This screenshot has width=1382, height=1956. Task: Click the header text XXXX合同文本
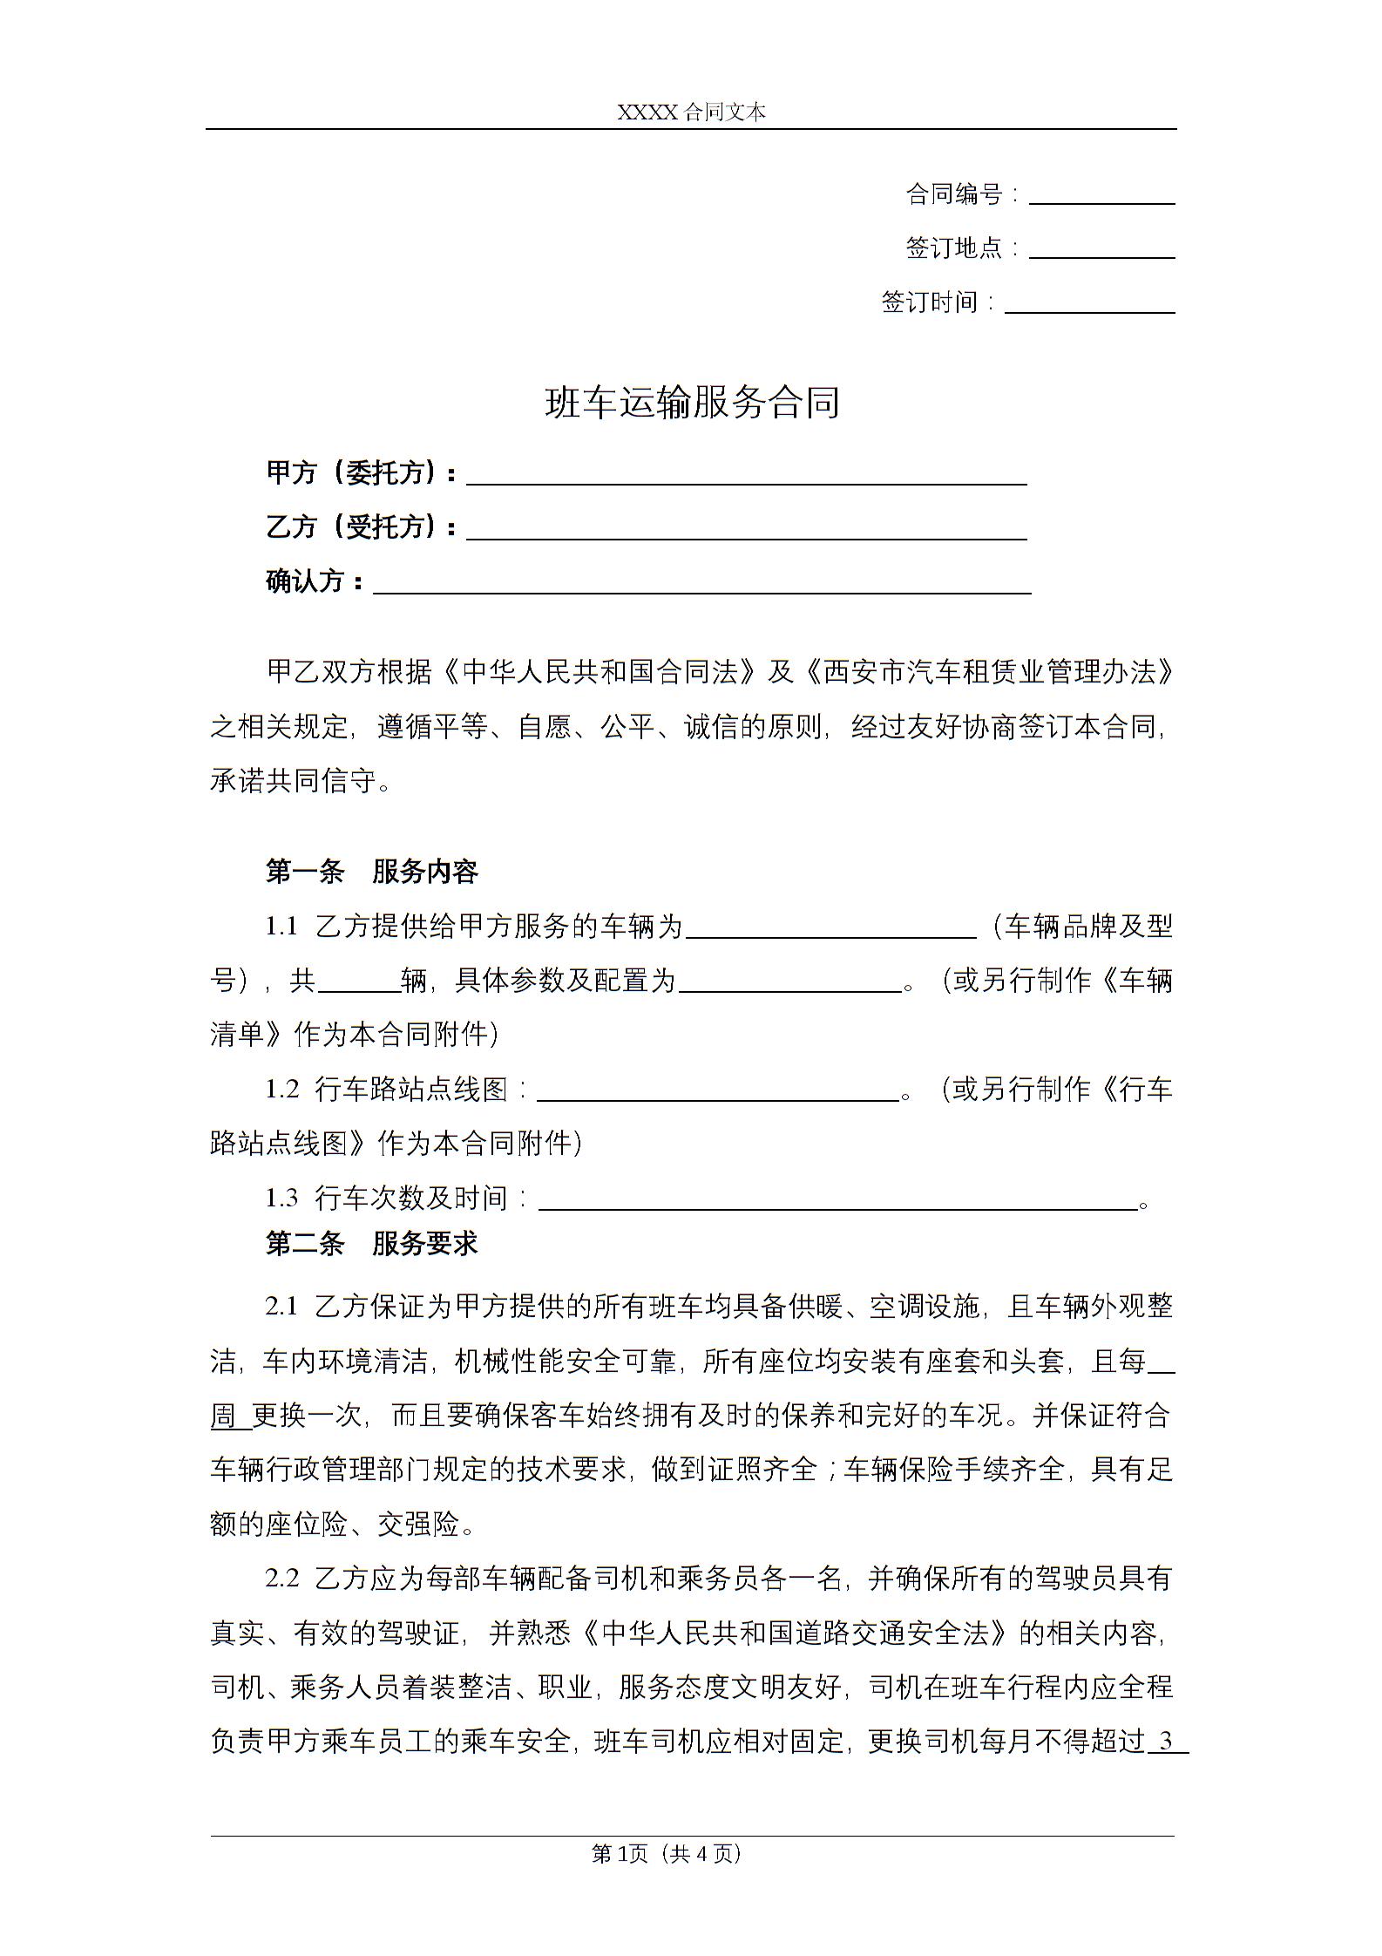(691, 112)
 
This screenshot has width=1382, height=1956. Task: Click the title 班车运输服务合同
(692, 403)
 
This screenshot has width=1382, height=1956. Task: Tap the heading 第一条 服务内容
(372, 871)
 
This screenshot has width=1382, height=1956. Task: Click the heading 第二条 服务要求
(372, 1244)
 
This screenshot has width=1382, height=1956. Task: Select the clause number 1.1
(281, 927)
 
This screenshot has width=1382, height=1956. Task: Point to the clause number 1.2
(281, 1090)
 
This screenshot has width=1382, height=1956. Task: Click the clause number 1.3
(281, 1199)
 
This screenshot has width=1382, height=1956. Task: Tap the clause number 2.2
(281, 1579)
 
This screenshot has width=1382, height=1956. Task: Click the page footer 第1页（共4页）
(666, 1853)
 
